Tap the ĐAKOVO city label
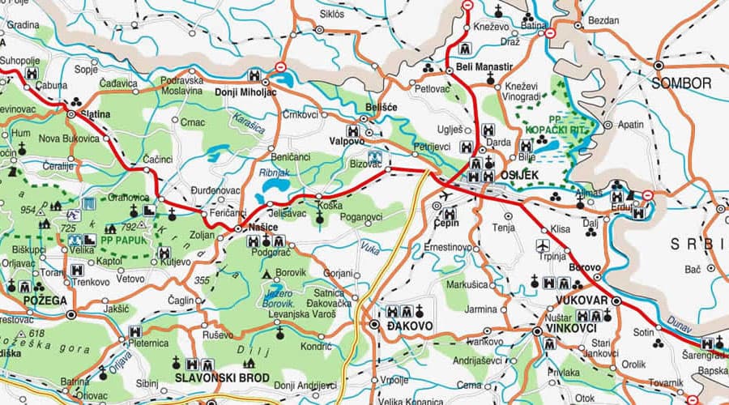coord(410,326)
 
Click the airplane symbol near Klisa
coord(544,245)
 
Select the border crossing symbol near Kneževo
coord(467,6)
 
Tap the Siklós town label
coord(332,14)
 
